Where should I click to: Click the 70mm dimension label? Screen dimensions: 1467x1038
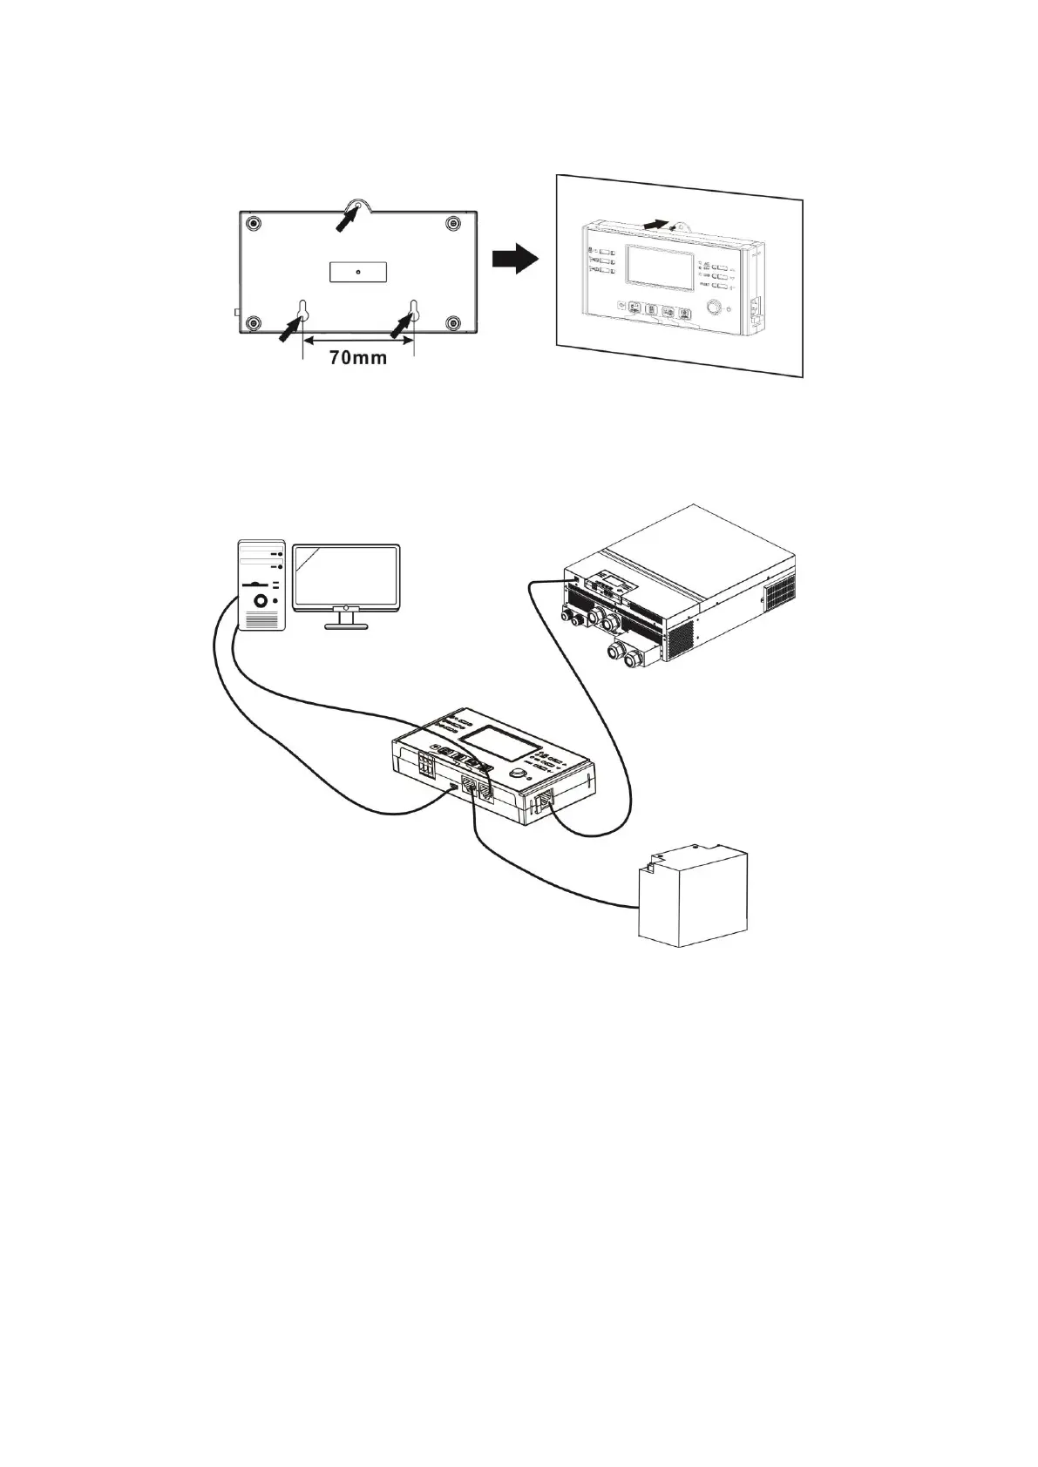pyautogui.click(x=357, y=357)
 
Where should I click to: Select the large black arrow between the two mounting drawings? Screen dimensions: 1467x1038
pyautogui.click(x=515, y=259)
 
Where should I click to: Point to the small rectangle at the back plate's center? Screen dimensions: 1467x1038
pyautogui.click(x=357, y=271)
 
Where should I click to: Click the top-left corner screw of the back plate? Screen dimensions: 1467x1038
pyautogui.click(x=253, y=223)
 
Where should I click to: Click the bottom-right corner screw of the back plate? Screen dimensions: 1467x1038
pyautogui.click(x=451, y=322)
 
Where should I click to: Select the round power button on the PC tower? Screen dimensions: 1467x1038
pyautogui.click(x=260, y=601)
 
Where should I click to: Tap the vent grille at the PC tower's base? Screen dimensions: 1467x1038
pyautogui.click(x=262, y=620)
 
